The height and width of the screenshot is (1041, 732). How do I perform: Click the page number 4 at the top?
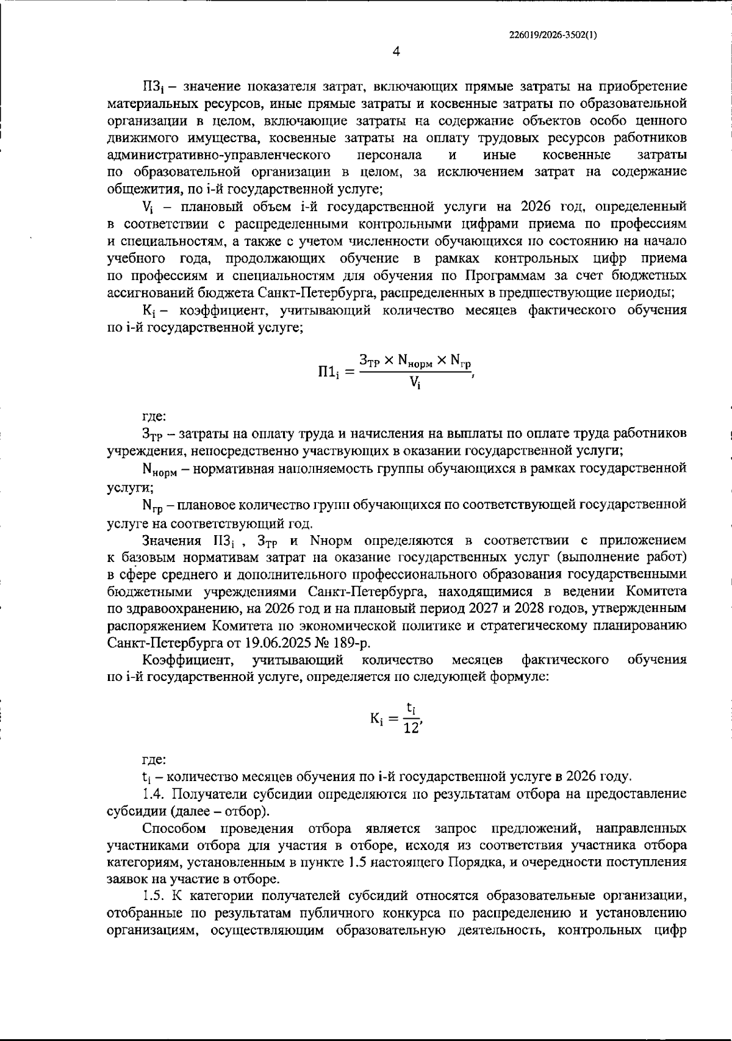point(396,52)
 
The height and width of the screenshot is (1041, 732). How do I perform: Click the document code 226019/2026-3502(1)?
point(553,35)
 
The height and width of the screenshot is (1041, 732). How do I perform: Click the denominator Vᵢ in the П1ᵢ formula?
point(415,383)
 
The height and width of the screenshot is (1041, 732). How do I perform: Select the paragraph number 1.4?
point(152,794)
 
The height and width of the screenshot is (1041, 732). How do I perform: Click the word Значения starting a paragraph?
point(172,541)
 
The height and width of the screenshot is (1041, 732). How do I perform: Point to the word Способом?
point(173,828)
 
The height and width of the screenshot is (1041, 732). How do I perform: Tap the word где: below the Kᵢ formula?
point(153,760)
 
